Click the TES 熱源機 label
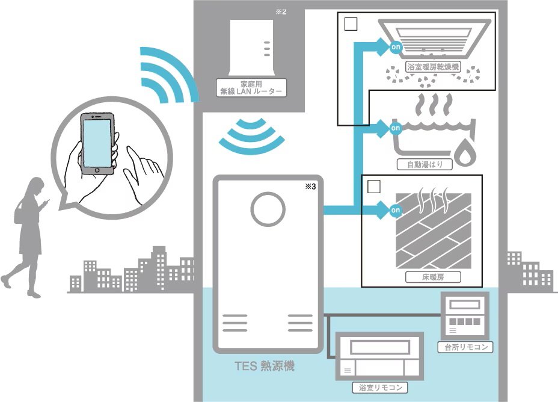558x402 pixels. [x=265, y=366]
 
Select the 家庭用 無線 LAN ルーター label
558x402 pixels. [x=251, y=87]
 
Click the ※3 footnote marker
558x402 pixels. [x=310, y=187]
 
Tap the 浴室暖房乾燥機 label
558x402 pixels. [x=433, y=67]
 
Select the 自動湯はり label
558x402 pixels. [x=425, y=164]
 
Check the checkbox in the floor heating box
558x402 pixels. [x=374, y=187]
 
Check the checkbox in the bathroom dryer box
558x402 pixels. [x=350, y=25]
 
